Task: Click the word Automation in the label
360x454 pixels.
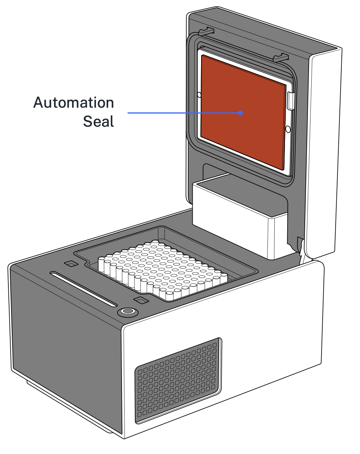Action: click(74, 103)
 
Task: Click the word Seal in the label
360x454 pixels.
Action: click(98, 122)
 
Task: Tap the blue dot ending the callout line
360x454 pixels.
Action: click(240, 113)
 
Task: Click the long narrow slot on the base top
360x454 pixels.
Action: click(84, 289)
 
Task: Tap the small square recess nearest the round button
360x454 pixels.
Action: click(142, 301)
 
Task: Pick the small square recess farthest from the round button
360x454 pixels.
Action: click(71, 264)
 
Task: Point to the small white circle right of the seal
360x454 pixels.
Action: click(288, 129)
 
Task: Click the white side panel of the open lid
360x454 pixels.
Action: click(326, 152)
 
